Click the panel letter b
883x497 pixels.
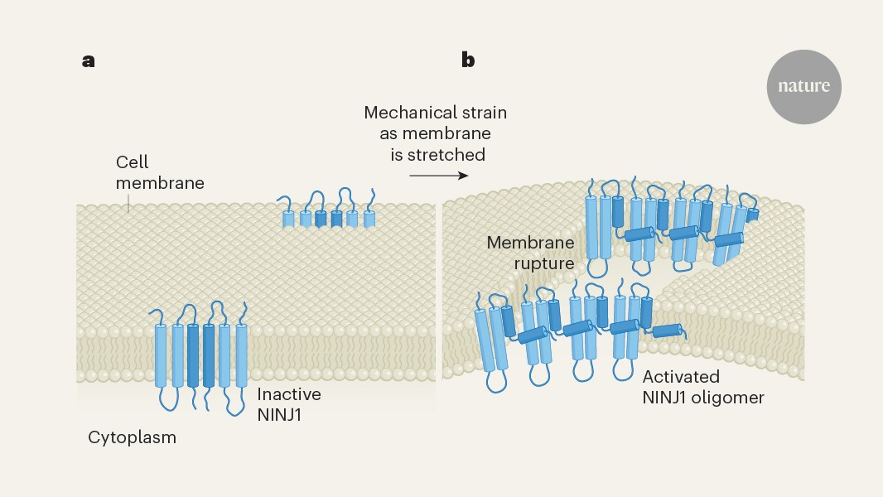pos(468,60)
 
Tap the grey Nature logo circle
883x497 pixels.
pos(803,86)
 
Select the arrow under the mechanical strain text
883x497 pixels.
pos(438,176)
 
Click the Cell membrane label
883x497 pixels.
pos(159,172)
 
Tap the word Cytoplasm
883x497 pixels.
pos(133,437)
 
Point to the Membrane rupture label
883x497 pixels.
pos(531,253)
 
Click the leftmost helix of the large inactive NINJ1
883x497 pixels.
pos(160,356)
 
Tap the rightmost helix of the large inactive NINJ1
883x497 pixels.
pos(242,356)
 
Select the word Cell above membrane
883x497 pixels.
pos(132,162)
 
